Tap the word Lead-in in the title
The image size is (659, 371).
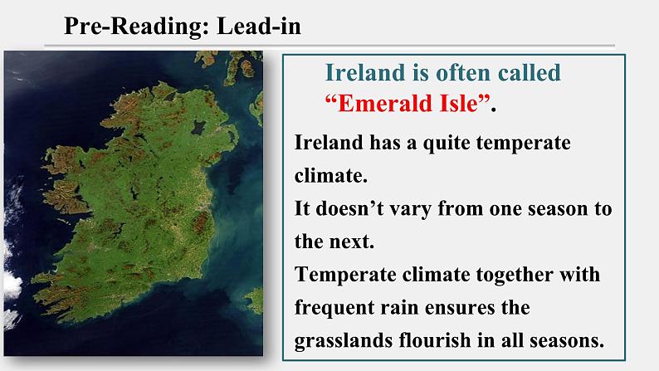coord(259,26)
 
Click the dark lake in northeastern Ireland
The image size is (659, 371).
coord(198,127)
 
